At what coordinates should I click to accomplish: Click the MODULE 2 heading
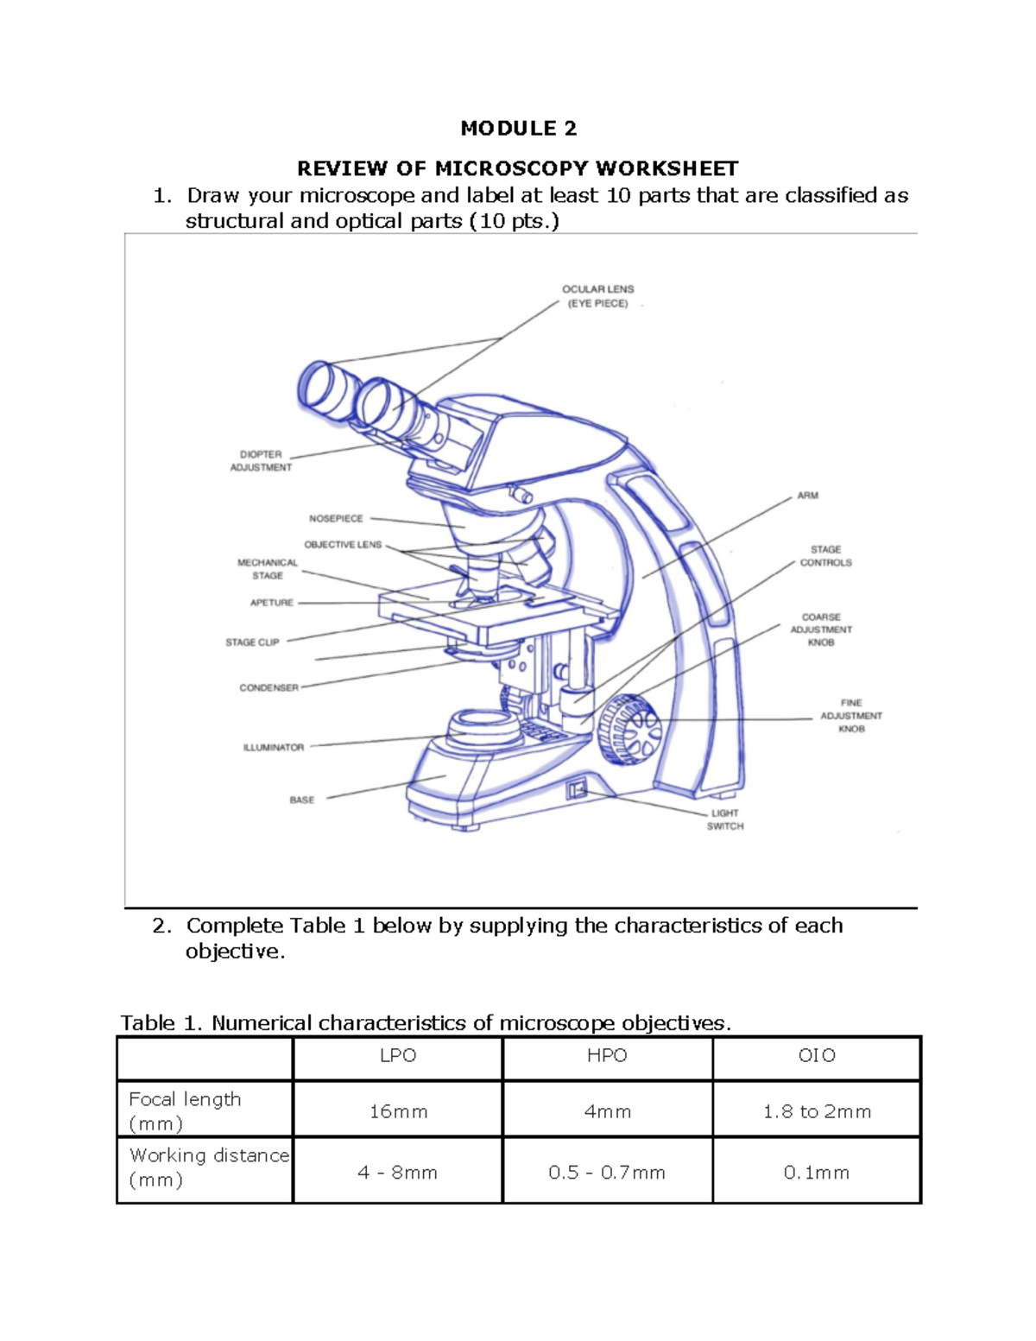518,129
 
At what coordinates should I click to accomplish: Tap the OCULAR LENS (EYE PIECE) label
597,296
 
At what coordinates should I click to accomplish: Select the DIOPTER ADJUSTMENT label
261,460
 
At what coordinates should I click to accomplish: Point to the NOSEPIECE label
336,518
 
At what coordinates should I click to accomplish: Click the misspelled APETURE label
272,603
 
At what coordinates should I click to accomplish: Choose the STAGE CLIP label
252,642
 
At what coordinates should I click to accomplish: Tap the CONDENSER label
268,688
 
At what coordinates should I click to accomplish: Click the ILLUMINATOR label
274,748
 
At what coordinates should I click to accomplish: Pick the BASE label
301,800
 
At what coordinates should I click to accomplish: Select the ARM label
807,496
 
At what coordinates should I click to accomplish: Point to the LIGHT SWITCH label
724,819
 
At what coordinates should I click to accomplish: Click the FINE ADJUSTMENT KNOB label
850,716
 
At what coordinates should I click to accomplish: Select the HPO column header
607,1056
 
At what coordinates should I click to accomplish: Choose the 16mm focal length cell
398,1111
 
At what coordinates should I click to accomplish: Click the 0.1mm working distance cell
816,1173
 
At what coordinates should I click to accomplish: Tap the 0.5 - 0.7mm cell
607,1173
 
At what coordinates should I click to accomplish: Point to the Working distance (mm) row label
207,1167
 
